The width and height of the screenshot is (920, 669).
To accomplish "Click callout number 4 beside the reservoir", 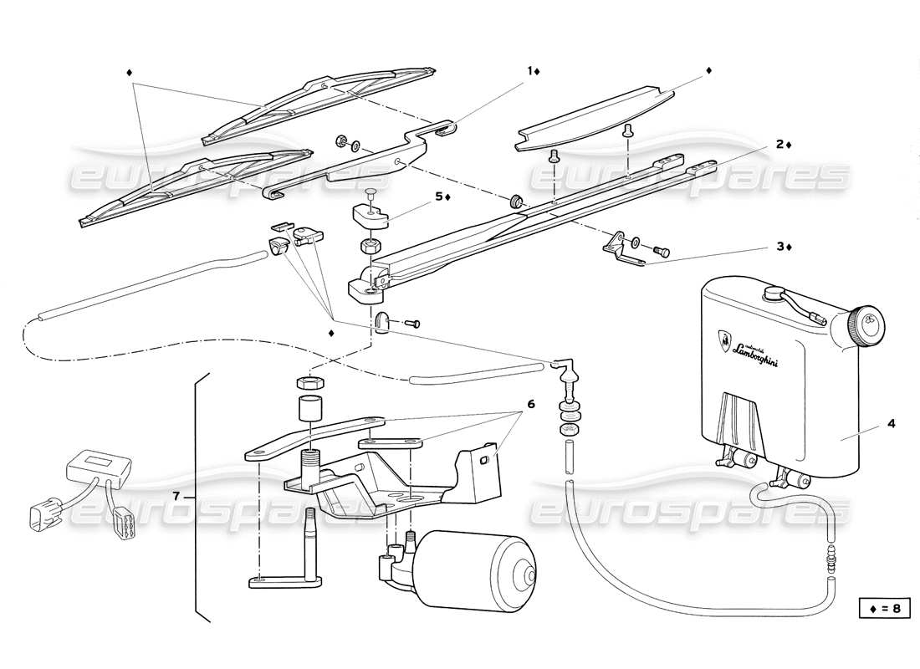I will pyautogui.click(x=891, y=424).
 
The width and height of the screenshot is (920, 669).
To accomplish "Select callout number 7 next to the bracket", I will pyautogui.click(x=176, y=497).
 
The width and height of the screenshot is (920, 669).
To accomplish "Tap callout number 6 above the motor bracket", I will pyautogui.click(x=529, y=402).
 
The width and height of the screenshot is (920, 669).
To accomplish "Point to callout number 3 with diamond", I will pyautogui.click(x=779, y=247).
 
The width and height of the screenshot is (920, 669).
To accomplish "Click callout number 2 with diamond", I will pyautogui.click(x=779, y=144).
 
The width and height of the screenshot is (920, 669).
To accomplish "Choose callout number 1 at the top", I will pyautogui.click(x=529, y=71).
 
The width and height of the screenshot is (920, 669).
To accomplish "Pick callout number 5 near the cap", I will pyautogui.click(x=437, y=197).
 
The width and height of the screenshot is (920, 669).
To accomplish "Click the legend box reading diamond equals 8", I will pyautogui.click(x=883, y=608).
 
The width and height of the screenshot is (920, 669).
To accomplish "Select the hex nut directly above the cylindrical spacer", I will pyautogui.click(x=306, y=383).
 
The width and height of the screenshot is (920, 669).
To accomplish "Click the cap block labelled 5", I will pyautogui.click(x=368, y=212).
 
